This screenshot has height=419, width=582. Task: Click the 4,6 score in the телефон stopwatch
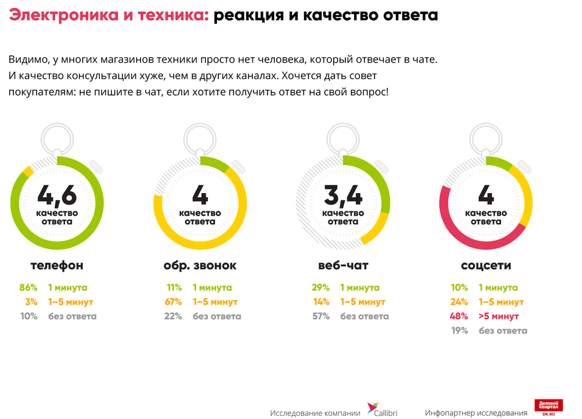coord(57,195)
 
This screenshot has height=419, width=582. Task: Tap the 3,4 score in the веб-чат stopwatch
coord(343,195)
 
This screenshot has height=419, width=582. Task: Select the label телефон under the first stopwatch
coord(57,266)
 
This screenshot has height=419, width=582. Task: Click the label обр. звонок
coord(200,266)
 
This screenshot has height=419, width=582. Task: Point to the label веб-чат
coord(343,266)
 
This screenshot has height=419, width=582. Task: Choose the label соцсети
coord(486,266)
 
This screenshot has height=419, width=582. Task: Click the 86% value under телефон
coord(28,287)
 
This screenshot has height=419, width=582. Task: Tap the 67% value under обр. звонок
coord(174,302)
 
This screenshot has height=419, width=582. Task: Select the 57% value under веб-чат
coord(320,316)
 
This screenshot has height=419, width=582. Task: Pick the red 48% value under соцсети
coord(459,316)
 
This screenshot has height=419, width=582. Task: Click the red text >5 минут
coord(499,316)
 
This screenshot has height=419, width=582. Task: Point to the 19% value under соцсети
coord(460,331)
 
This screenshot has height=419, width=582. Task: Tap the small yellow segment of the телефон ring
coord(27,172)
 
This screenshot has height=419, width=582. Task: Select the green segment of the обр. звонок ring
coord(214,163)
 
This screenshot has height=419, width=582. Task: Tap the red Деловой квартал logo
coord(549,407)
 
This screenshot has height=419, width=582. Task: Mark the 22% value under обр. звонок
coord(174,316)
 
